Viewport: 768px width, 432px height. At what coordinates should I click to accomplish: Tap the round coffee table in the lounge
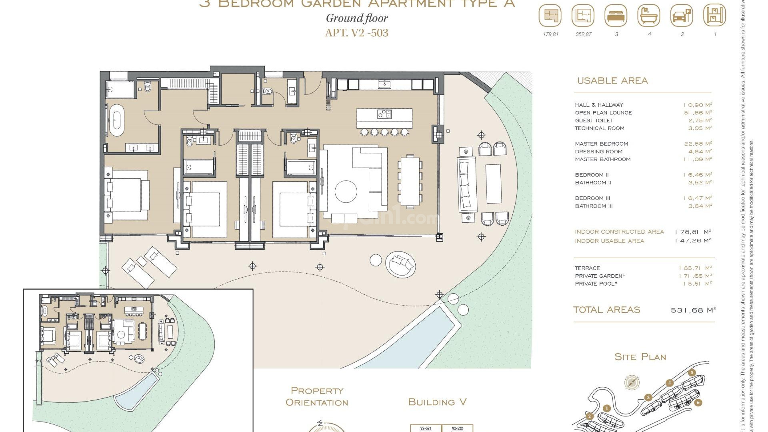346,191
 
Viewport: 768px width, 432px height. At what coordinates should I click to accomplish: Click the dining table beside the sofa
410,181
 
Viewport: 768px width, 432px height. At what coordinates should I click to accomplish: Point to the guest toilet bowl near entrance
268,91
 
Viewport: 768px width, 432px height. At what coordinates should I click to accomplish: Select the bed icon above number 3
616,16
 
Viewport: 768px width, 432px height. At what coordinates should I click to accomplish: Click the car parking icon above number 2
682,16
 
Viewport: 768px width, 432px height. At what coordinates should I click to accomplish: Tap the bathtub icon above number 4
649,16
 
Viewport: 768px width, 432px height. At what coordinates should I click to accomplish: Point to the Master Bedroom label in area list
601,144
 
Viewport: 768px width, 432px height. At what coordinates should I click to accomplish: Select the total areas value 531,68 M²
693,310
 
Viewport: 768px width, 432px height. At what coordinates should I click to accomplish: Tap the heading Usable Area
612,81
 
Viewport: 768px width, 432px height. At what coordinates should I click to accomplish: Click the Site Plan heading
640,357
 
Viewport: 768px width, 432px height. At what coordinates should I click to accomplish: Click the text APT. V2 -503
356,33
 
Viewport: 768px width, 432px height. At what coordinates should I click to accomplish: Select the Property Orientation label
317,396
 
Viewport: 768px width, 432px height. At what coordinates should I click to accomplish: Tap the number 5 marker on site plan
692,372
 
